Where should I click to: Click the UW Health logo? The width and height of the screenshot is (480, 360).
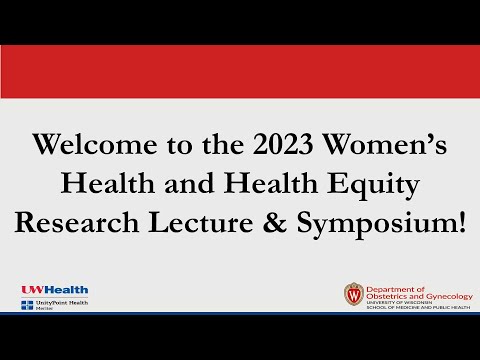[x=48, y=290]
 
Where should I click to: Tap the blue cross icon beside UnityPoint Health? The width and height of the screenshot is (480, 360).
[x=26, y=304]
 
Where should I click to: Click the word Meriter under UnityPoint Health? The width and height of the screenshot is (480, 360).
[x=46, y=309]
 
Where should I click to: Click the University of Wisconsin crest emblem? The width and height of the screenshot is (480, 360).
[x=353, y=295]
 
